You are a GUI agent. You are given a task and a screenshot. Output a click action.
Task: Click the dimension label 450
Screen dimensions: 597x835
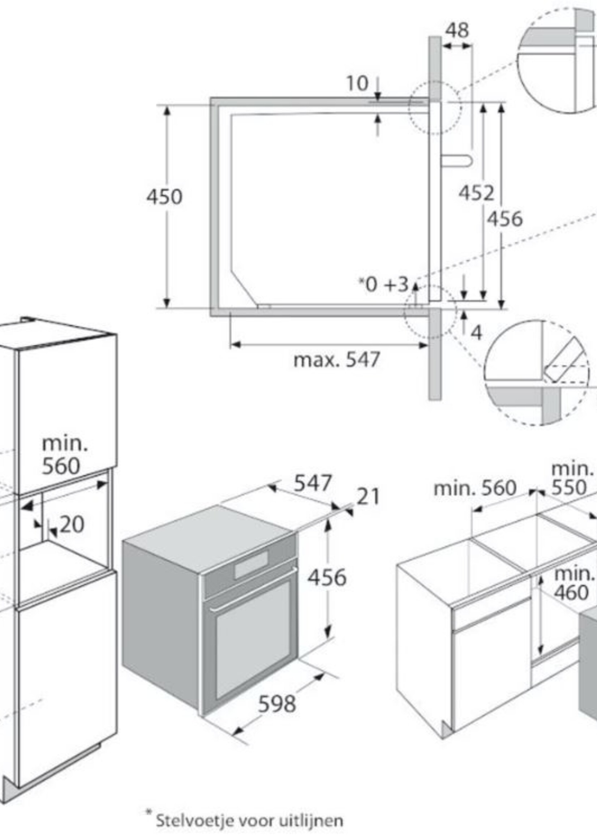coord(164,197)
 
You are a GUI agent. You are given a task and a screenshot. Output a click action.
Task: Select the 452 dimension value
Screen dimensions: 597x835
coord(476,193)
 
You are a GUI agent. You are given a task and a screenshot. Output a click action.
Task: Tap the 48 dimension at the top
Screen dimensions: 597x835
coord(457,30)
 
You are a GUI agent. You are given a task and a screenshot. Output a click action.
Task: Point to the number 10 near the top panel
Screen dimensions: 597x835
coord(357,83)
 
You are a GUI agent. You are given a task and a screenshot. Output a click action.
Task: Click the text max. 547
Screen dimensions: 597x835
coord(336,360)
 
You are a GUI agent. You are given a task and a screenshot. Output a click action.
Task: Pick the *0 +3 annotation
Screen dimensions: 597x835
coord(383,284)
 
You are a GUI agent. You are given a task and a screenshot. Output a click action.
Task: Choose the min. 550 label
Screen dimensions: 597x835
coord(572,478)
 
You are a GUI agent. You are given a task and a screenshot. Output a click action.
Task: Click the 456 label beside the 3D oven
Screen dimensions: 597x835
coord(327,577)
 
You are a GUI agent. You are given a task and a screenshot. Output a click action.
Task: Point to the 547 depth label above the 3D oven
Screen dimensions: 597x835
coord(313,483)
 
